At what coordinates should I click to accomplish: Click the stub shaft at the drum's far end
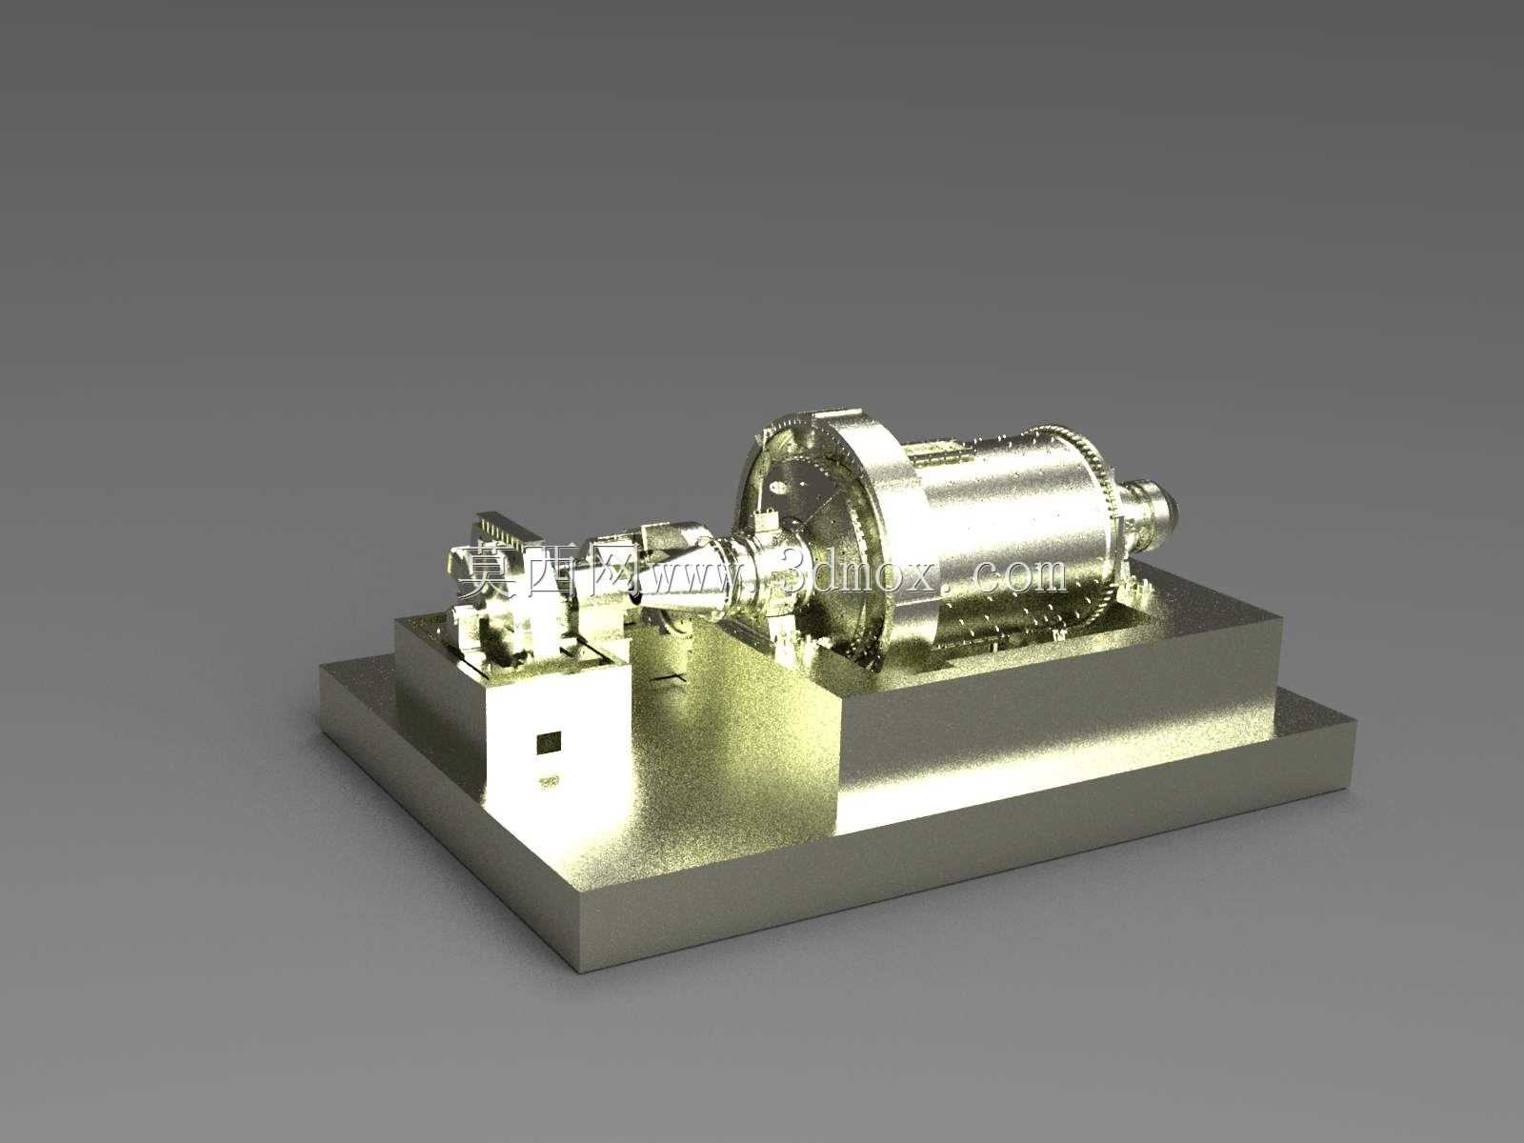click(1146, 523)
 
